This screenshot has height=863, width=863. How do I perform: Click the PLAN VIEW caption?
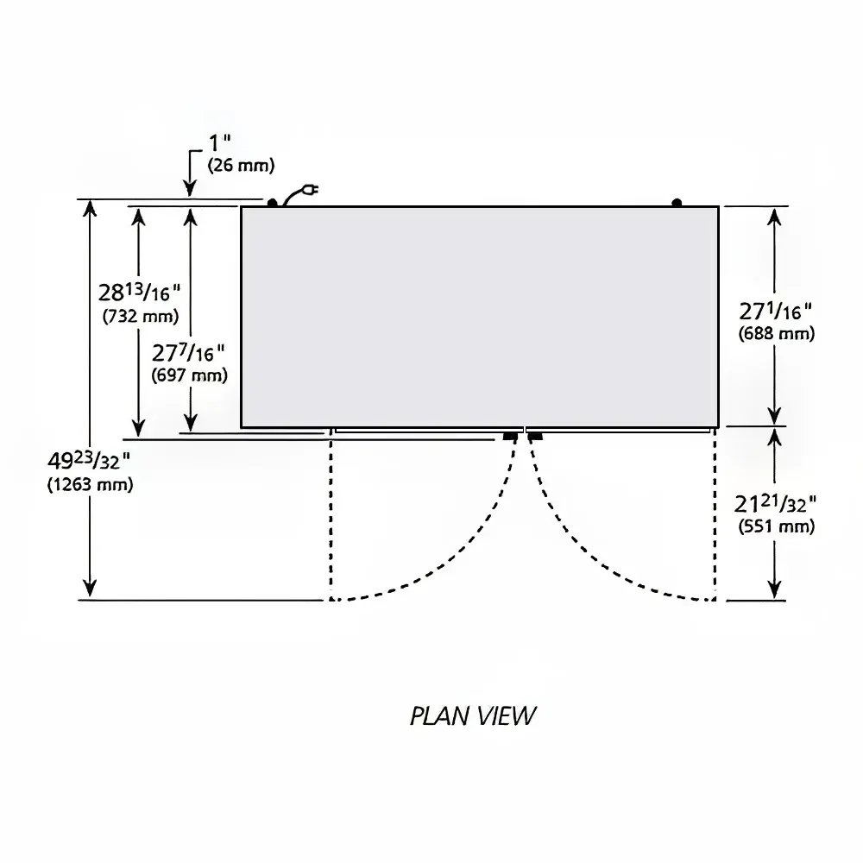pyautogui.click(x=473, y=716)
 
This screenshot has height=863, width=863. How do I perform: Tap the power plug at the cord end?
pyautogui.click(x=312, y=191)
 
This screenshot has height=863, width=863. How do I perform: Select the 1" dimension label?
pyautogui.click(x=219, y=143)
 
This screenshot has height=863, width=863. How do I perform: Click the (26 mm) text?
pyautogui.click(x=241, y=165)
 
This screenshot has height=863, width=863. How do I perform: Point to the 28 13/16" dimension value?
pyautogui.click(x=139, y=292)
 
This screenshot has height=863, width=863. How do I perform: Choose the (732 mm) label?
pyautogui.click(x=141, y=316)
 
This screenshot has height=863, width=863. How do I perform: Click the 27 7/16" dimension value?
pyautogui.click(x=188, y=352)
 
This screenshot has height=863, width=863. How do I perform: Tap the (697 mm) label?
pyautogui.click(x=189, y=375)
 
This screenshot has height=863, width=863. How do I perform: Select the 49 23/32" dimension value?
pyautogui.click(x=89, y=460)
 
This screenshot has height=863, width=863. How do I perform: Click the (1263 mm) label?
pyautogui.click(x=91, y=484)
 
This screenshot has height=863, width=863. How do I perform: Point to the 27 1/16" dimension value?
pyautogui.click(x=775, y=311)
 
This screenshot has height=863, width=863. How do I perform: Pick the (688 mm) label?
pyautogui.click(x=777, y=333)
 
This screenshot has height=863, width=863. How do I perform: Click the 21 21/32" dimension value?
pyautogui.click(x=775, y=503)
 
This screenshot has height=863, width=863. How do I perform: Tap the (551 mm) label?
pyautogui.click(x=777, y=526)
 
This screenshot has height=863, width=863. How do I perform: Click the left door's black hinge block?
pyautogui.click(x=510, y=437)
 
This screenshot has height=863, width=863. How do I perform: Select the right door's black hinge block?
pyautogui.click(x=535, y=437)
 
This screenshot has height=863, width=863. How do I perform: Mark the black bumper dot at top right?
pyautogui.click(x=677, y=203)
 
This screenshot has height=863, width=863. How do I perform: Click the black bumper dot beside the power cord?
pyautogui.click(x=272, y=203)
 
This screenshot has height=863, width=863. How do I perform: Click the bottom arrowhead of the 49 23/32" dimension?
pyautogui.click(x=90, y=588)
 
